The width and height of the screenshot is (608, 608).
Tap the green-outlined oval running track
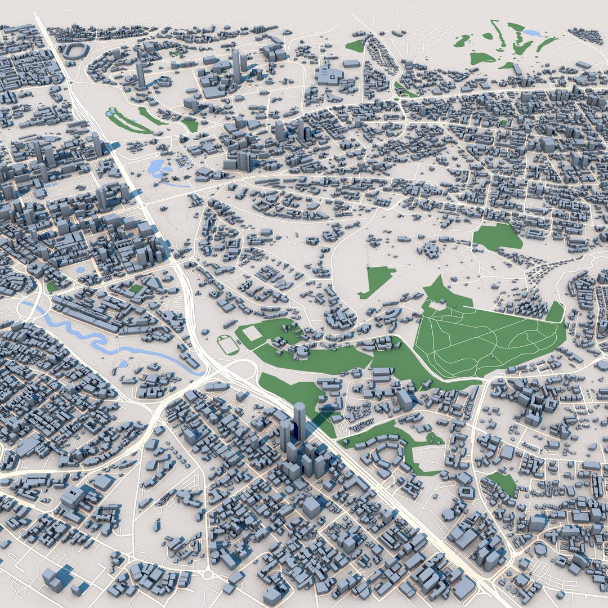tap(228, 345)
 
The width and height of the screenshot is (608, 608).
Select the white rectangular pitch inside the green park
tap(252, 333)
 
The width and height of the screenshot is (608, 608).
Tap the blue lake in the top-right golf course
tap(532, 33)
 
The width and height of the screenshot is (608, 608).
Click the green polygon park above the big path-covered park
tap(497, 236)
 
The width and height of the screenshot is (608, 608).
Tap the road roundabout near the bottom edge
tap(209, 575)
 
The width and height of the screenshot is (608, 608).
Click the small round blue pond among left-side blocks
tap(80, 270)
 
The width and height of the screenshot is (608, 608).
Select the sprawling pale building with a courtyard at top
tap(330, 76)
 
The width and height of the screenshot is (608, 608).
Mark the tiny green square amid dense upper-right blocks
tap(503, 122)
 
